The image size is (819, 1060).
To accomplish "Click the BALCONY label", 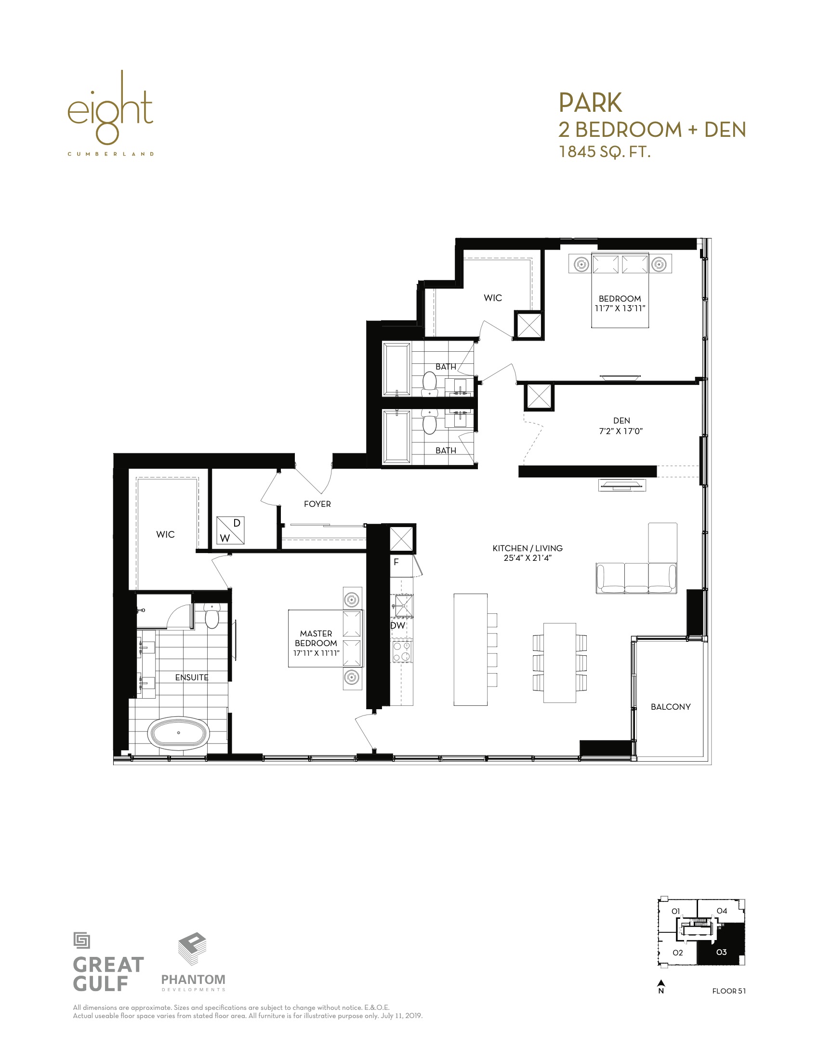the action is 671,707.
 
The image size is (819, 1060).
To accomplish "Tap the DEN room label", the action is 621,421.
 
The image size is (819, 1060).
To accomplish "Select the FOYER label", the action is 317,504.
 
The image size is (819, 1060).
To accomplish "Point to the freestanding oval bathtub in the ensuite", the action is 179,733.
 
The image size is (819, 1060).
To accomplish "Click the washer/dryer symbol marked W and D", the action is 230,530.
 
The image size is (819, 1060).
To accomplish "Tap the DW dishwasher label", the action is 398,625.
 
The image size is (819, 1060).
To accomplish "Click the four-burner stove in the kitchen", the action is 402,651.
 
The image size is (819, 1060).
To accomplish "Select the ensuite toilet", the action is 212,616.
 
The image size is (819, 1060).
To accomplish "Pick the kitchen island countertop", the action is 471,649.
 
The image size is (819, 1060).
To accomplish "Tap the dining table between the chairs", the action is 560,663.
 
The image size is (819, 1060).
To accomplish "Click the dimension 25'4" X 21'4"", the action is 528,558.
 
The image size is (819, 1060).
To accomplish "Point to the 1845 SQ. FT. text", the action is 605,152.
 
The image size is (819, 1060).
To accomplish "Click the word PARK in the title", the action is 590,103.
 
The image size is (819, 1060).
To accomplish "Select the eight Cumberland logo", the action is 111,113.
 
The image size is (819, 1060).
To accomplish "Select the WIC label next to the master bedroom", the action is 165,534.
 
